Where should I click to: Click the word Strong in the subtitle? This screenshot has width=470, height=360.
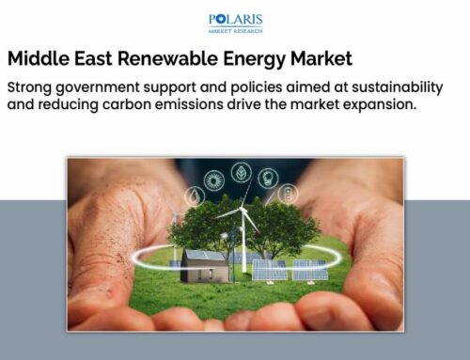point(34,86)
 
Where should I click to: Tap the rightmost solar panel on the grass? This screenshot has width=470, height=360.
point(307,269)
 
